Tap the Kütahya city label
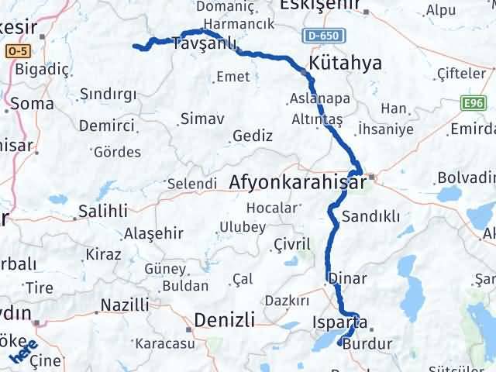(345, 63)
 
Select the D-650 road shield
(320, 36)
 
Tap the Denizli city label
(224, 319)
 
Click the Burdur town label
(367, 343)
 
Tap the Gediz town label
(252, 136)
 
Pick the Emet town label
(233, 76)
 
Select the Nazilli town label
(125, 305)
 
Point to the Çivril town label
(292, 245)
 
